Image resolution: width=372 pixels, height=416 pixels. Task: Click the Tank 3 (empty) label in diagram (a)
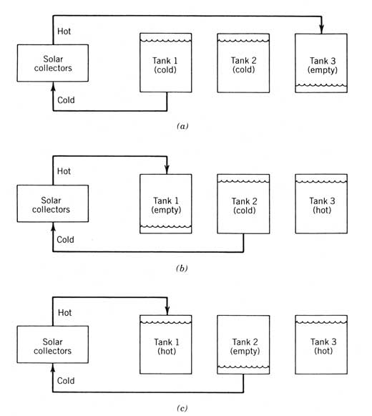pyautogui.click(x=323, y=65)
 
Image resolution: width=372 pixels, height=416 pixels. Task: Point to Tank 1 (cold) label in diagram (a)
pyautogui.click(x=165, y=65)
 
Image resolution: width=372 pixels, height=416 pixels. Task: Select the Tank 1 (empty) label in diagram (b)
pyautogui.click(x=166, y=205)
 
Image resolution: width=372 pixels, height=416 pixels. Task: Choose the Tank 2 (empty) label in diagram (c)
pyautogui.click(x=245, y=347)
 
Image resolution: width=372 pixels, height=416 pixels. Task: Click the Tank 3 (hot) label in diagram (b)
pyautogui.click(x=322, y=205)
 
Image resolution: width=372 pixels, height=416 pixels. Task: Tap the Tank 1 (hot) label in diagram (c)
pyautogui.click(x=167, y=347)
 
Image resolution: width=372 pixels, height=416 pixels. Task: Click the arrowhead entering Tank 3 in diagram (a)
pyautogui.click(x=321, y=29)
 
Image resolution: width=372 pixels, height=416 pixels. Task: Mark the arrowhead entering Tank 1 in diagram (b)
pyautogui.click(x=167, y=170)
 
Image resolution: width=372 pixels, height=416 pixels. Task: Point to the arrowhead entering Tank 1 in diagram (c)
pyautogui.click(x=167, y=311)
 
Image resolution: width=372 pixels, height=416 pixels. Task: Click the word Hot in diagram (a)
pyautogui.click(x=64, y=32)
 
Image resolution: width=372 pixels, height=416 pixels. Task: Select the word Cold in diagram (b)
pyautogui.click(x=65, y=240)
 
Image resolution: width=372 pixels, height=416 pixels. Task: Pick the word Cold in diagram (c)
pyautogui.click(x=66, y=381)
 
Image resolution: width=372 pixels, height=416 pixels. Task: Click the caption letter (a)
pyautogui.click(x=182, y=126)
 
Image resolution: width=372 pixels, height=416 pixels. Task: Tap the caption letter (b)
pyautogui.click(x=182, y=269)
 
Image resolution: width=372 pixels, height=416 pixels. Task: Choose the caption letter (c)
pyautogui.click(x=182, y=408)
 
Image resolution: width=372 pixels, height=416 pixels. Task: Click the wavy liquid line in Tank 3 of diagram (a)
pyautogui.click(x=321, y=85)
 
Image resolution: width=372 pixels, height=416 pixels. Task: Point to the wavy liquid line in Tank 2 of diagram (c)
pyautogui.click(x=243, y=367)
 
